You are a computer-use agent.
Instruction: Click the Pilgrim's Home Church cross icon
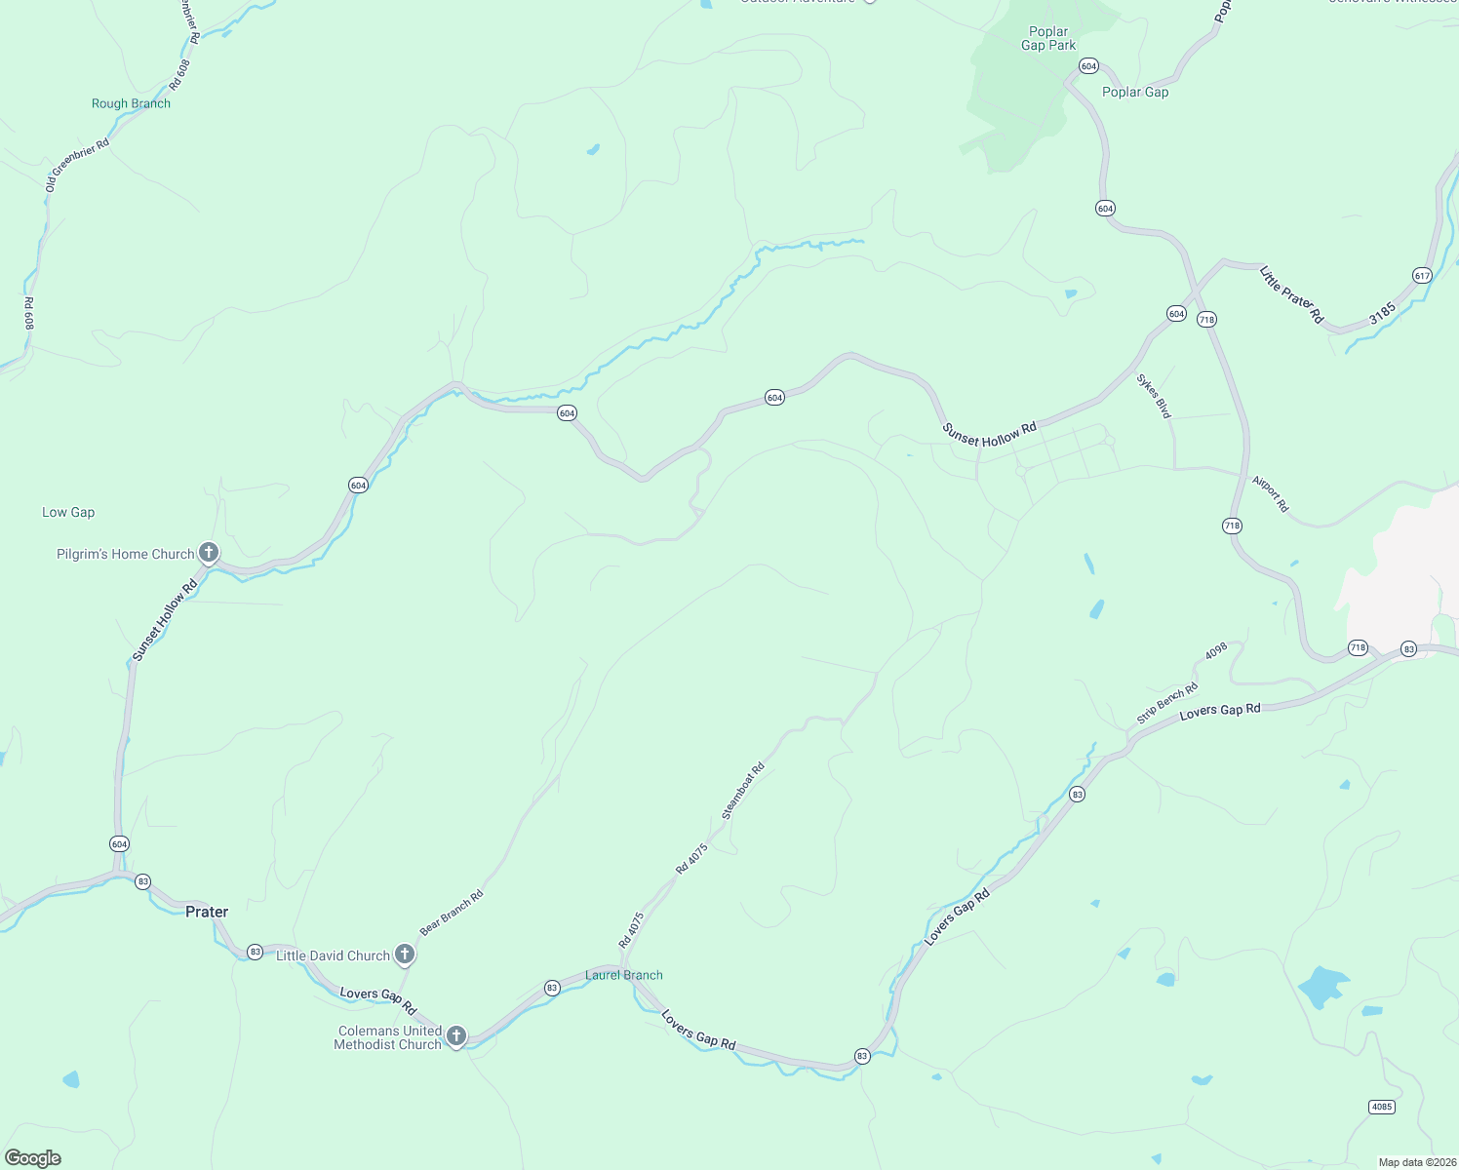coord(209,553)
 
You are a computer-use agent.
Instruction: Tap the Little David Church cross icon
coord(405,955)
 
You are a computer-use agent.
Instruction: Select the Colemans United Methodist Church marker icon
coord(455,1035)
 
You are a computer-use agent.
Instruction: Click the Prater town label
coord(207,912)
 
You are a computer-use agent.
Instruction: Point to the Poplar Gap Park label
coord(1048,38)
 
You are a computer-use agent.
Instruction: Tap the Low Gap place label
coord(68,512)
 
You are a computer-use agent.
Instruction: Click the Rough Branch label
coord(131,103)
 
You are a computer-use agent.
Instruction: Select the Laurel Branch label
coord(624,975)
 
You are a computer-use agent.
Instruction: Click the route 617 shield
coord(1422,276)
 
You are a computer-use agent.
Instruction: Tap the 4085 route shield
coord(1382,1107)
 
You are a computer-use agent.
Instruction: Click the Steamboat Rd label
coord(742,791)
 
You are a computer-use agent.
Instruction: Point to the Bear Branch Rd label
coord(452,913)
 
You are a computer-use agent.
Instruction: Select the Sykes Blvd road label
coord(1154,396)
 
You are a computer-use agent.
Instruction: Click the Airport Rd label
coord(1271,493)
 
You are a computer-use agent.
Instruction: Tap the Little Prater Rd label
coord(1291,293)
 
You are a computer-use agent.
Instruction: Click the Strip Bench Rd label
coord(1167,704)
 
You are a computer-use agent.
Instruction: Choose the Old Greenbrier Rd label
coord(77,164)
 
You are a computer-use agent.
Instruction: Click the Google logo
coord(32,1158)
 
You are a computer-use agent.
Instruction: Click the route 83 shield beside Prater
coord(143,881)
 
